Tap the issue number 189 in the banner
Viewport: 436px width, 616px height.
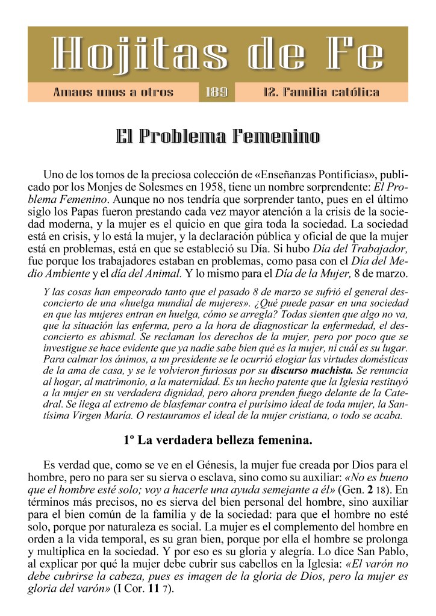point(216,93)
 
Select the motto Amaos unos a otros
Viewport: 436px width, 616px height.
point(113,93)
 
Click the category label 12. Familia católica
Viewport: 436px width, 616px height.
point(322,93)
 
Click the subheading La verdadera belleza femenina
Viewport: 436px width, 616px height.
point(217,440)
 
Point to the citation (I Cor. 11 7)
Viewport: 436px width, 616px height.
point(143,590)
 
